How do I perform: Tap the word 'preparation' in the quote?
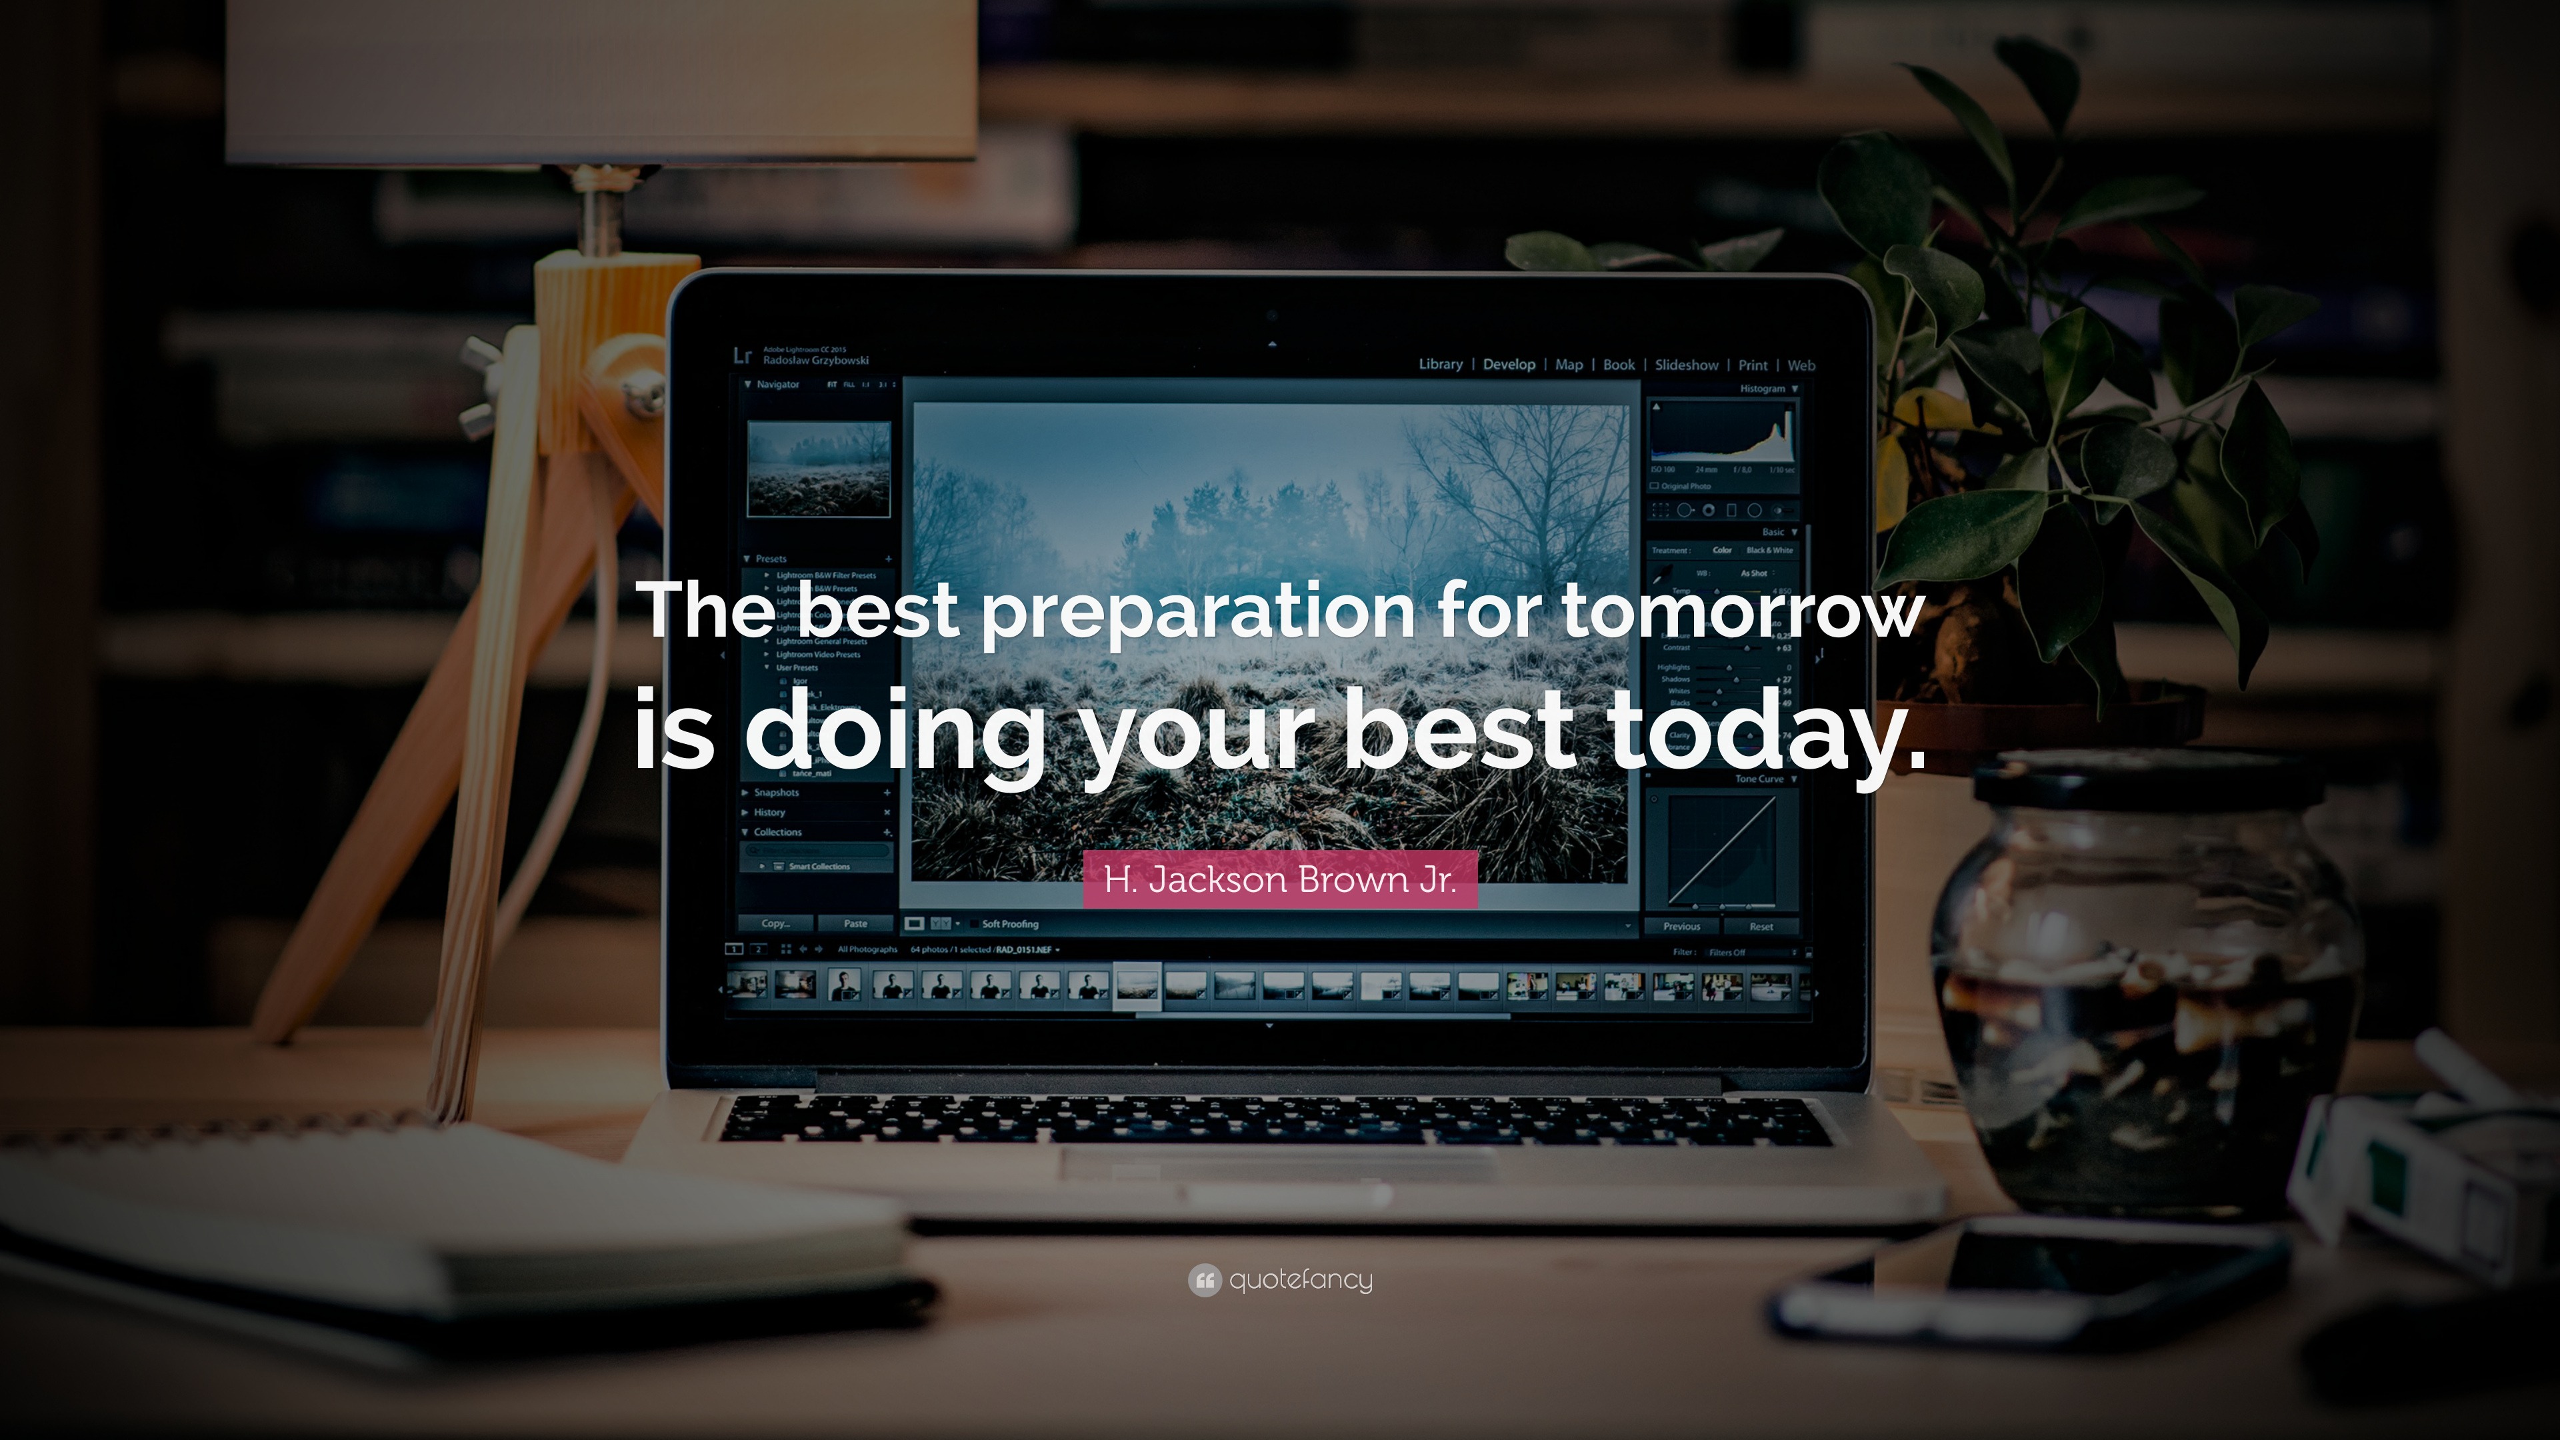tap(1197, 612)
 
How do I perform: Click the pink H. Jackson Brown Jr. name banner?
tap(1280, 879)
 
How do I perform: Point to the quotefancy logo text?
tap(1300, 1280)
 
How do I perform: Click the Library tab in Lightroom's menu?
tap(1440, 365)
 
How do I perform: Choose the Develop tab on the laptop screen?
tap(1509, 365)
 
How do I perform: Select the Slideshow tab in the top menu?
tap(1687, 365)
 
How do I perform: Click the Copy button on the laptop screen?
tap(776, 923)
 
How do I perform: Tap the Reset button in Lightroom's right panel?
tap(1761, 926)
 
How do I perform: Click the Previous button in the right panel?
tap(1681, 926)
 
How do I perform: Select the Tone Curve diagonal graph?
tap(1721, 850)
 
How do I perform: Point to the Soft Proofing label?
tap(1010, 924)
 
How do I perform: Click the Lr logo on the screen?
tap(741, 356)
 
